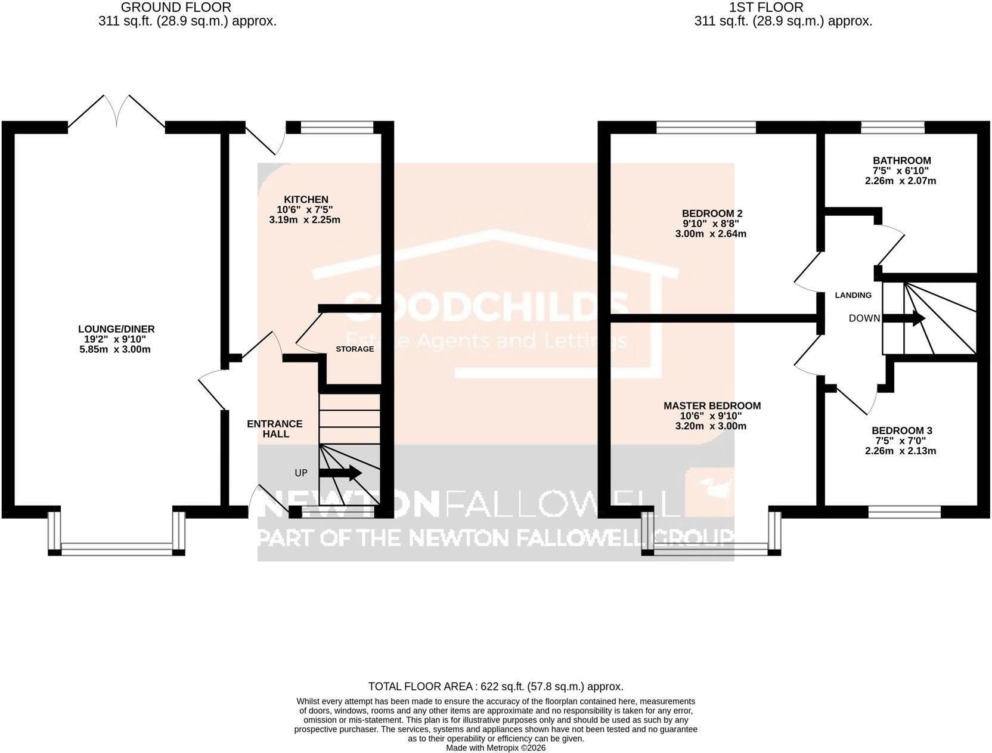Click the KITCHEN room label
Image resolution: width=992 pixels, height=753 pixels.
pyautogui.click(x=306, y=199)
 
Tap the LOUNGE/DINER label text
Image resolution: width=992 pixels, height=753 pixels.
pyautogui.click(x=116, y=329)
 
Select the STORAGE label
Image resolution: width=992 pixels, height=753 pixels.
pyautogui.click(x=355, y=349)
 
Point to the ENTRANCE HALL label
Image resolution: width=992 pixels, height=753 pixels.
pyautogui.click(x=275, y=429)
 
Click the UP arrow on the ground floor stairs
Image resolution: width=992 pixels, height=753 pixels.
pyautogui.click(x=340, y=473)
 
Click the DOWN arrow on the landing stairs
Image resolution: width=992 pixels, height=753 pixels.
pyautogui.click(x=904, y=318)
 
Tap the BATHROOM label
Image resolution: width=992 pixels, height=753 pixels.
pyautogui.click(x=901, y=160)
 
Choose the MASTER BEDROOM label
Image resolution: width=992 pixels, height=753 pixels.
pyautogui.click(x=712, y=406)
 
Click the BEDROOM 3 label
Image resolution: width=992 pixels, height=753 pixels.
pyautogui.click(x=902, y=430)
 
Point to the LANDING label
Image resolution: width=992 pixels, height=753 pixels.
pyautogui.click(x=853, y=295)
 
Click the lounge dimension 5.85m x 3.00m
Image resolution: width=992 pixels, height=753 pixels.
pyautogui.click(x=115, y=349)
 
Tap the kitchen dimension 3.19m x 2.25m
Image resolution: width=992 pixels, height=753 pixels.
pyautogui.click(x=305, y=220)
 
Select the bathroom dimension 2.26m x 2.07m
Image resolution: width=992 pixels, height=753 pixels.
pyautogui.click(x=901, y=181)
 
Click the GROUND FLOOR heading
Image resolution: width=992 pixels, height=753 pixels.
pyautogui.click(x=176, y=7)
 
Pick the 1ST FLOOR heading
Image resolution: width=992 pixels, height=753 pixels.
pyautogui.click(x=773, y=7)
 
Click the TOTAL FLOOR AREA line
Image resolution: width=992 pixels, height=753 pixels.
pyautogui.click(x=496, y=687)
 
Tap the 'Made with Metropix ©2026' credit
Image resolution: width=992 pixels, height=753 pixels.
pyautogui.click(x=496, y=748)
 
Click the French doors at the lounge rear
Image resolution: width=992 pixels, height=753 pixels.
pyautogui.click(x=117, y=113)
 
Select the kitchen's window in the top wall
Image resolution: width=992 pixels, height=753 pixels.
pyautogui.click(x=337, y=128)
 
